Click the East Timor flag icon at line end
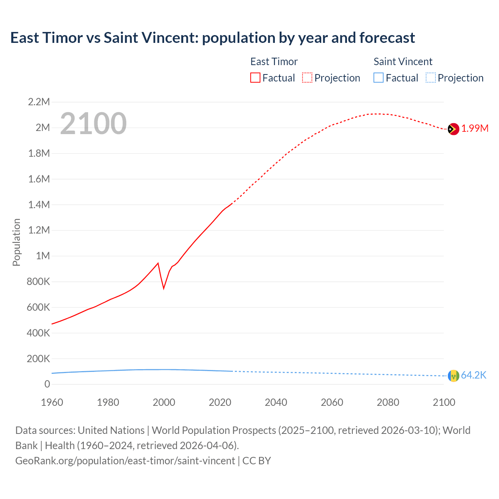pos(453,129)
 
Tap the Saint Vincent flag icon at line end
pos(453,375)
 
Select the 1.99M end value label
pos(475,129)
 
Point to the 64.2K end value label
pos(474,375)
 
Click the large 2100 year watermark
pos(93,124)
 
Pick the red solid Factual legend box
pos(255,78)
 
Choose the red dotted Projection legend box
pos(307,78)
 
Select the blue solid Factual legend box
pos(379,78)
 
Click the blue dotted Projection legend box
pos(430,78)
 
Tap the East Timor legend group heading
pos(274,62)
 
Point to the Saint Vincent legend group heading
pos(403,62)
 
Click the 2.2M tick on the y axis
pos(39,102)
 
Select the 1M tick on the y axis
pos(43,256)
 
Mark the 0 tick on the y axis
pos(47,384)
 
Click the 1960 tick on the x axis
pos(52,402)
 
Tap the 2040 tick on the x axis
pos(276,402)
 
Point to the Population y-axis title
pos(16,242)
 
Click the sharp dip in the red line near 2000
pos(164,288)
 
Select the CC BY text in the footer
pos(257,461)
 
